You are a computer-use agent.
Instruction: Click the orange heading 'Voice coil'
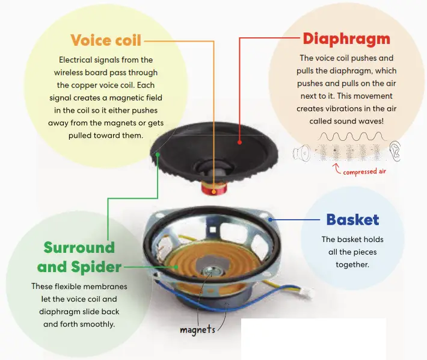[106, 41]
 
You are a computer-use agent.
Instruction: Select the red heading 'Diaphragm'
[346, 39]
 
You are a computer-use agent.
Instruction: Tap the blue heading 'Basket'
[352, 220]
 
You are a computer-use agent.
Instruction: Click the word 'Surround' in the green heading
[79, 247]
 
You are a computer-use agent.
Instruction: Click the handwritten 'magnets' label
[197, 330]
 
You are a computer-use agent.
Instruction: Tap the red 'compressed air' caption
[364, 172]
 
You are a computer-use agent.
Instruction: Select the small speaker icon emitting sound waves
[301, 153]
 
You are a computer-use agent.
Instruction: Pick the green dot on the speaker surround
[158, 154]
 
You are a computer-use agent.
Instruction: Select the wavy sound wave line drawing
[348, 137]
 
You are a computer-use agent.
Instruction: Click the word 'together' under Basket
[352, 265]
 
